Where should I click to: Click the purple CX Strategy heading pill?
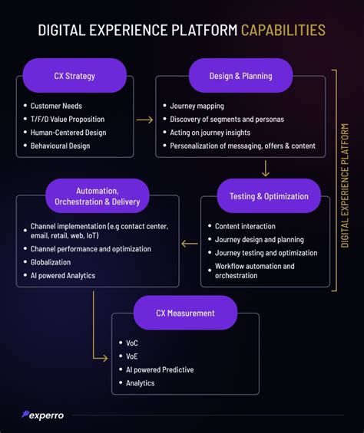pyautogui.click(x=74, y=76)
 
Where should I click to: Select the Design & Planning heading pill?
pyautogui.click(x=240, y=76)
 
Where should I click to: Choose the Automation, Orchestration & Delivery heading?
pyautogui.click(x=97, y=196)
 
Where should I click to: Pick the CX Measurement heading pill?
pyautogui.click(x=184, y=313)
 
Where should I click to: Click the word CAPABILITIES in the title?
pyautogui.click(x=283, y=30)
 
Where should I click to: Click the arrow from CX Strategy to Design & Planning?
pyautogui.click(x=144, y=119)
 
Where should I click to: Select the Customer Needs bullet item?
pyautogui.click(x=57, y=105)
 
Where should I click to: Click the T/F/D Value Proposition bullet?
pyautogui.click(x=67, y=119)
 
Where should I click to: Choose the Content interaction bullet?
pyautogui.click(x=244, y=226)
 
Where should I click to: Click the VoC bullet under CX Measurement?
pyautogui.click(x=133, y=343)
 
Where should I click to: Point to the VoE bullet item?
pyautogui.click(x=133, y=356)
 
